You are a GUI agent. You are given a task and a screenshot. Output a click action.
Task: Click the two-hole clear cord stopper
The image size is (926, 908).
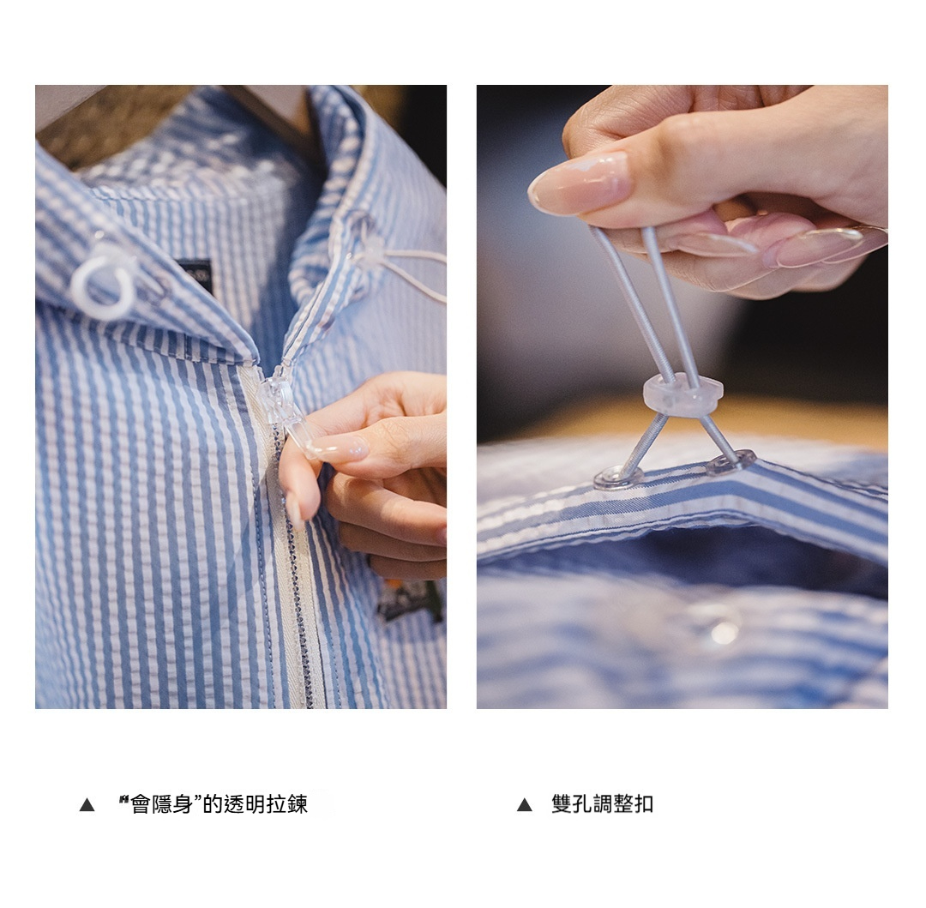click(683, 393)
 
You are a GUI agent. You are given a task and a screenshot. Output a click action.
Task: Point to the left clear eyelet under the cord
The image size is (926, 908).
click(617, 477)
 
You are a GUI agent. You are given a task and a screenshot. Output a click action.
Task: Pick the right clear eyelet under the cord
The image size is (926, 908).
click(731, 461)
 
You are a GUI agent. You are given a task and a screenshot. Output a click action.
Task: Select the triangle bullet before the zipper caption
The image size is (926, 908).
click(87, 805)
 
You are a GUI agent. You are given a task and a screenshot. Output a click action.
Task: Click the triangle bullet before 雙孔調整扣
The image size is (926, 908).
click(525, 805)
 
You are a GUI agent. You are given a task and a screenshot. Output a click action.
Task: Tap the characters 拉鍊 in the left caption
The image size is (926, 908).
click(287, 804)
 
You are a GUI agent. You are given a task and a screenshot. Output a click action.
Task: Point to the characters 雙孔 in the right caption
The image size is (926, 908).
click(572, 804)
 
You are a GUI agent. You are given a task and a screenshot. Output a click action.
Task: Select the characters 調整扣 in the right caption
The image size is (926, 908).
click(623, 804)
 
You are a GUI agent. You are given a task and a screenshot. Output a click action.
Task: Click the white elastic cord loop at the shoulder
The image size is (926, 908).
click(400, 266)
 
